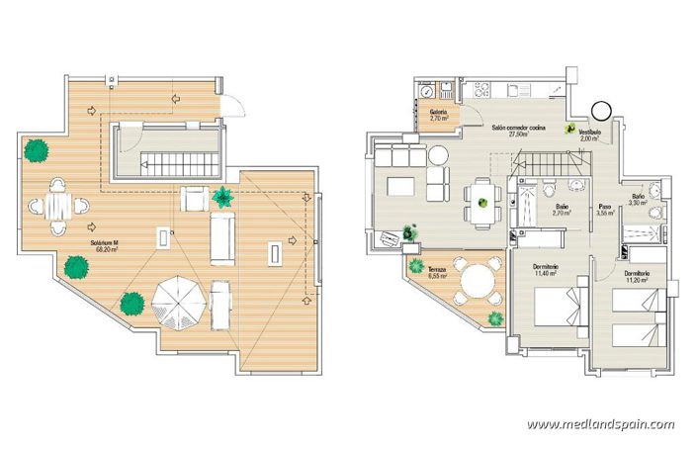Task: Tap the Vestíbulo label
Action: pyautogui.click(x=590, y=136)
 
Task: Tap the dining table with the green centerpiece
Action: pyautogui.click(x=482, y=204)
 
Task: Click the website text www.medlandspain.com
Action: pyautogui.click(x=600, y=424)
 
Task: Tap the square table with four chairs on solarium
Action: pyautogui.click(x=58, y=206)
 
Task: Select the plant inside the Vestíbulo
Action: pyautogui.click(x=570, y=128)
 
